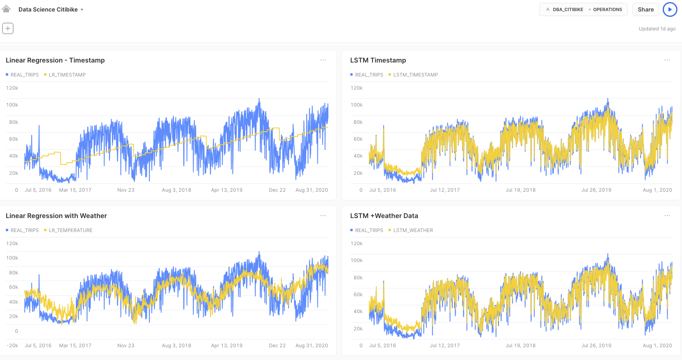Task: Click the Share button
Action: (x=645, y=9)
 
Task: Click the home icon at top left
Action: (x=6, y=9)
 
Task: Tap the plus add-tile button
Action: (x=8, y=28)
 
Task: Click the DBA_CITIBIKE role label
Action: (x=568, y=9)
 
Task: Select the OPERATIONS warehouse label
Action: (x=607, y=9)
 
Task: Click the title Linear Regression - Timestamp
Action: (x=55, y=60)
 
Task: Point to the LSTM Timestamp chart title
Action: (x=378, y=60)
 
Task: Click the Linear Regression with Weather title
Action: (x=56, y=216)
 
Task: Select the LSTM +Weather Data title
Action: (x=384, y=216)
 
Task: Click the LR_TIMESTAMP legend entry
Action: (x=67, y=75)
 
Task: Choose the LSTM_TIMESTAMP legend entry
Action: (x=415, y=75)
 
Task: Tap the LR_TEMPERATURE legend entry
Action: (x=70, y=230)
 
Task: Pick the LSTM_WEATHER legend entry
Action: (x=413, y=230)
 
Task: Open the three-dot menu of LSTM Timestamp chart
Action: (x=667, y=60)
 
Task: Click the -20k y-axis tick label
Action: (x=12, y=346)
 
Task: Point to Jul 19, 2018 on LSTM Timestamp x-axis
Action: (x=521, y=190)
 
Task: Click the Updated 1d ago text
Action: (x=657, y=29)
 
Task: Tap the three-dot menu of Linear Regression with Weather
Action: (x=323, y=216)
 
